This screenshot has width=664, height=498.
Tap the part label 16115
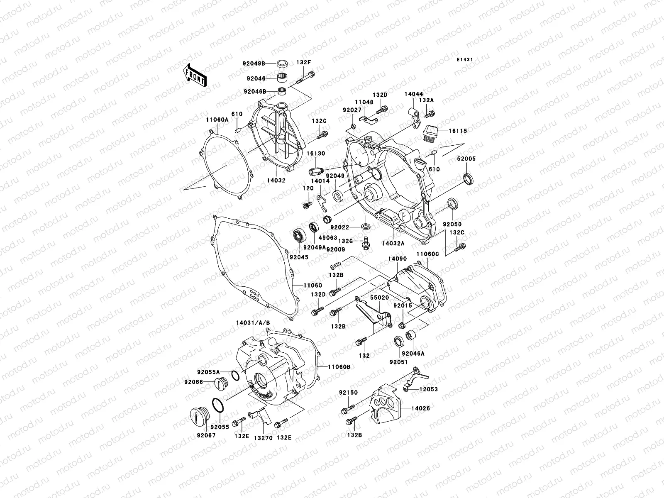point(458,131)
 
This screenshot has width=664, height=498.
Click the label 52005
point(466,159)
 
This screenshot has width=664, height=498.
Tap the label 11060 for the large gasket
point(312,286)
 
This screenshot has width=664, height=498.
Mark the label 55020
point(380,298)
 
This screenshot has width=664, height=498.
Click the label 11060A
point(217,120)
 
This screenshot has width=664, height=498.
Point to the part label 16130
point(316,154)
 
